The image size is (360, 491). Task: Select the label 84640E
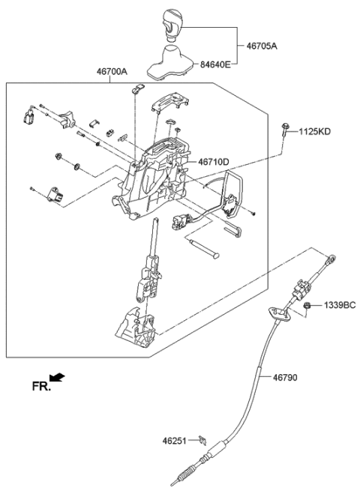pos(216,65)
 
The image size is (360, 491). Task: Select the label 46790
pos(285,378)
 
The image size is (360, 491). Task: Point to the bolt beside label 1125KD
pos(287,133)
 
